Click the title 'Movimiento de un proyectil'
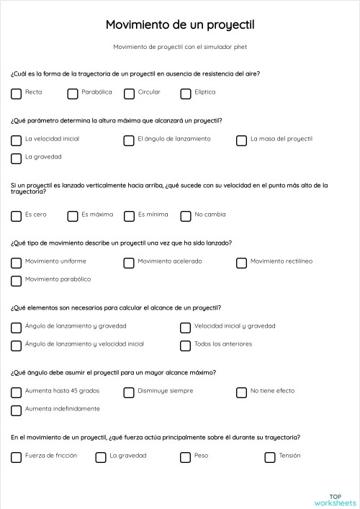point(180,25)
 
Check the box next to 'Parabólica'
point(73,94)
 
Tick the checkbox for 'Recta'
point(17,94)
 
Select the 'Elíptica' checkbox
point(186,94)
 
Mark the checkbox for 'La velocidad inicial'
point(17,140)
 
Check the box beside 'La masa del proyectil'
point(242,140)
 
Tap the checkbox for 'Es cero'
point(17,216)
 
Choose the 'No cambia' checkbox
point(186,216)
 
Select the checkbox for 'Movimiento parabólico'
point(17,281)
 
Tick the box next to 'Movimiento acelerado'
point(129,263)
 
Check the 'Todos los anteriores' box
point(186,346)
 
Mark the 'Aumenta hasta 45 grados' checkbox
point(17,392)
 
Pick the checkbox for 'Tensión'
point(270,457)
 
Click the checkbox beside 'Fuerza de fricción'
point(17,457)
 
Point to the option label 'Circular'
point(149,92)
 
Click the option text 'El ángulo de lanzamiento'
point(174,139)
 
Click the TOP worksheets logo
point(335,499)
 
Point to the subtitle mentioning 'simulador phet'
point(180,47)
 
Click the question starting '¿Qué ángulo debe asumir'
point(114,372)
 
